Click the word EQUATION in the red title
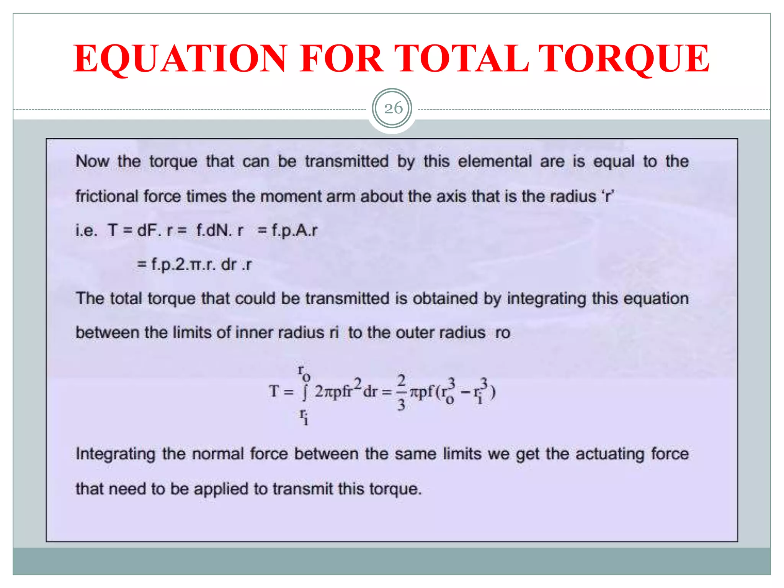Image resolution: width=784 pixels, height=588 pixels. (180, 58)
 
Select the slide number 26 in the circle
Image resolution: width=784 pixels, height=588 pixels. (393, 108)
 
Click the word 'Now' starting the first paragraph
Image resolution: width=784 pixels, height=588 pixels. (92, 161)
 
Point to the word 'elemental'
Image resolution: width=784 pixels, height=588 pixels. (495, 161)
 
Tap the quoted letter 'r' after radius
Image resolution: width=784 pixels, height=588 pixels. (607, 196)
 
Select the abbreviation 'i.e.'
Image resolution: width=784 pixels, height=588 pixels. (87, 230)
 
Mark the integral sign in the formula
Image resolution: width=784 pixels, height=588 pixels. (305, 392)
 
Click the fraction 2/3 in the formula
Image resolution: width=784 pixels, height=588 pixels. (401, 392)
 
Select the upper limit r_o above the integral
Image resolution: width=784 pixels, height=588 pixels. (304, 372)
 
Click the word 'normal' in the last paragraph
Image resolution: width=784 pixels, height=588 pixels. (218, 454)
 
